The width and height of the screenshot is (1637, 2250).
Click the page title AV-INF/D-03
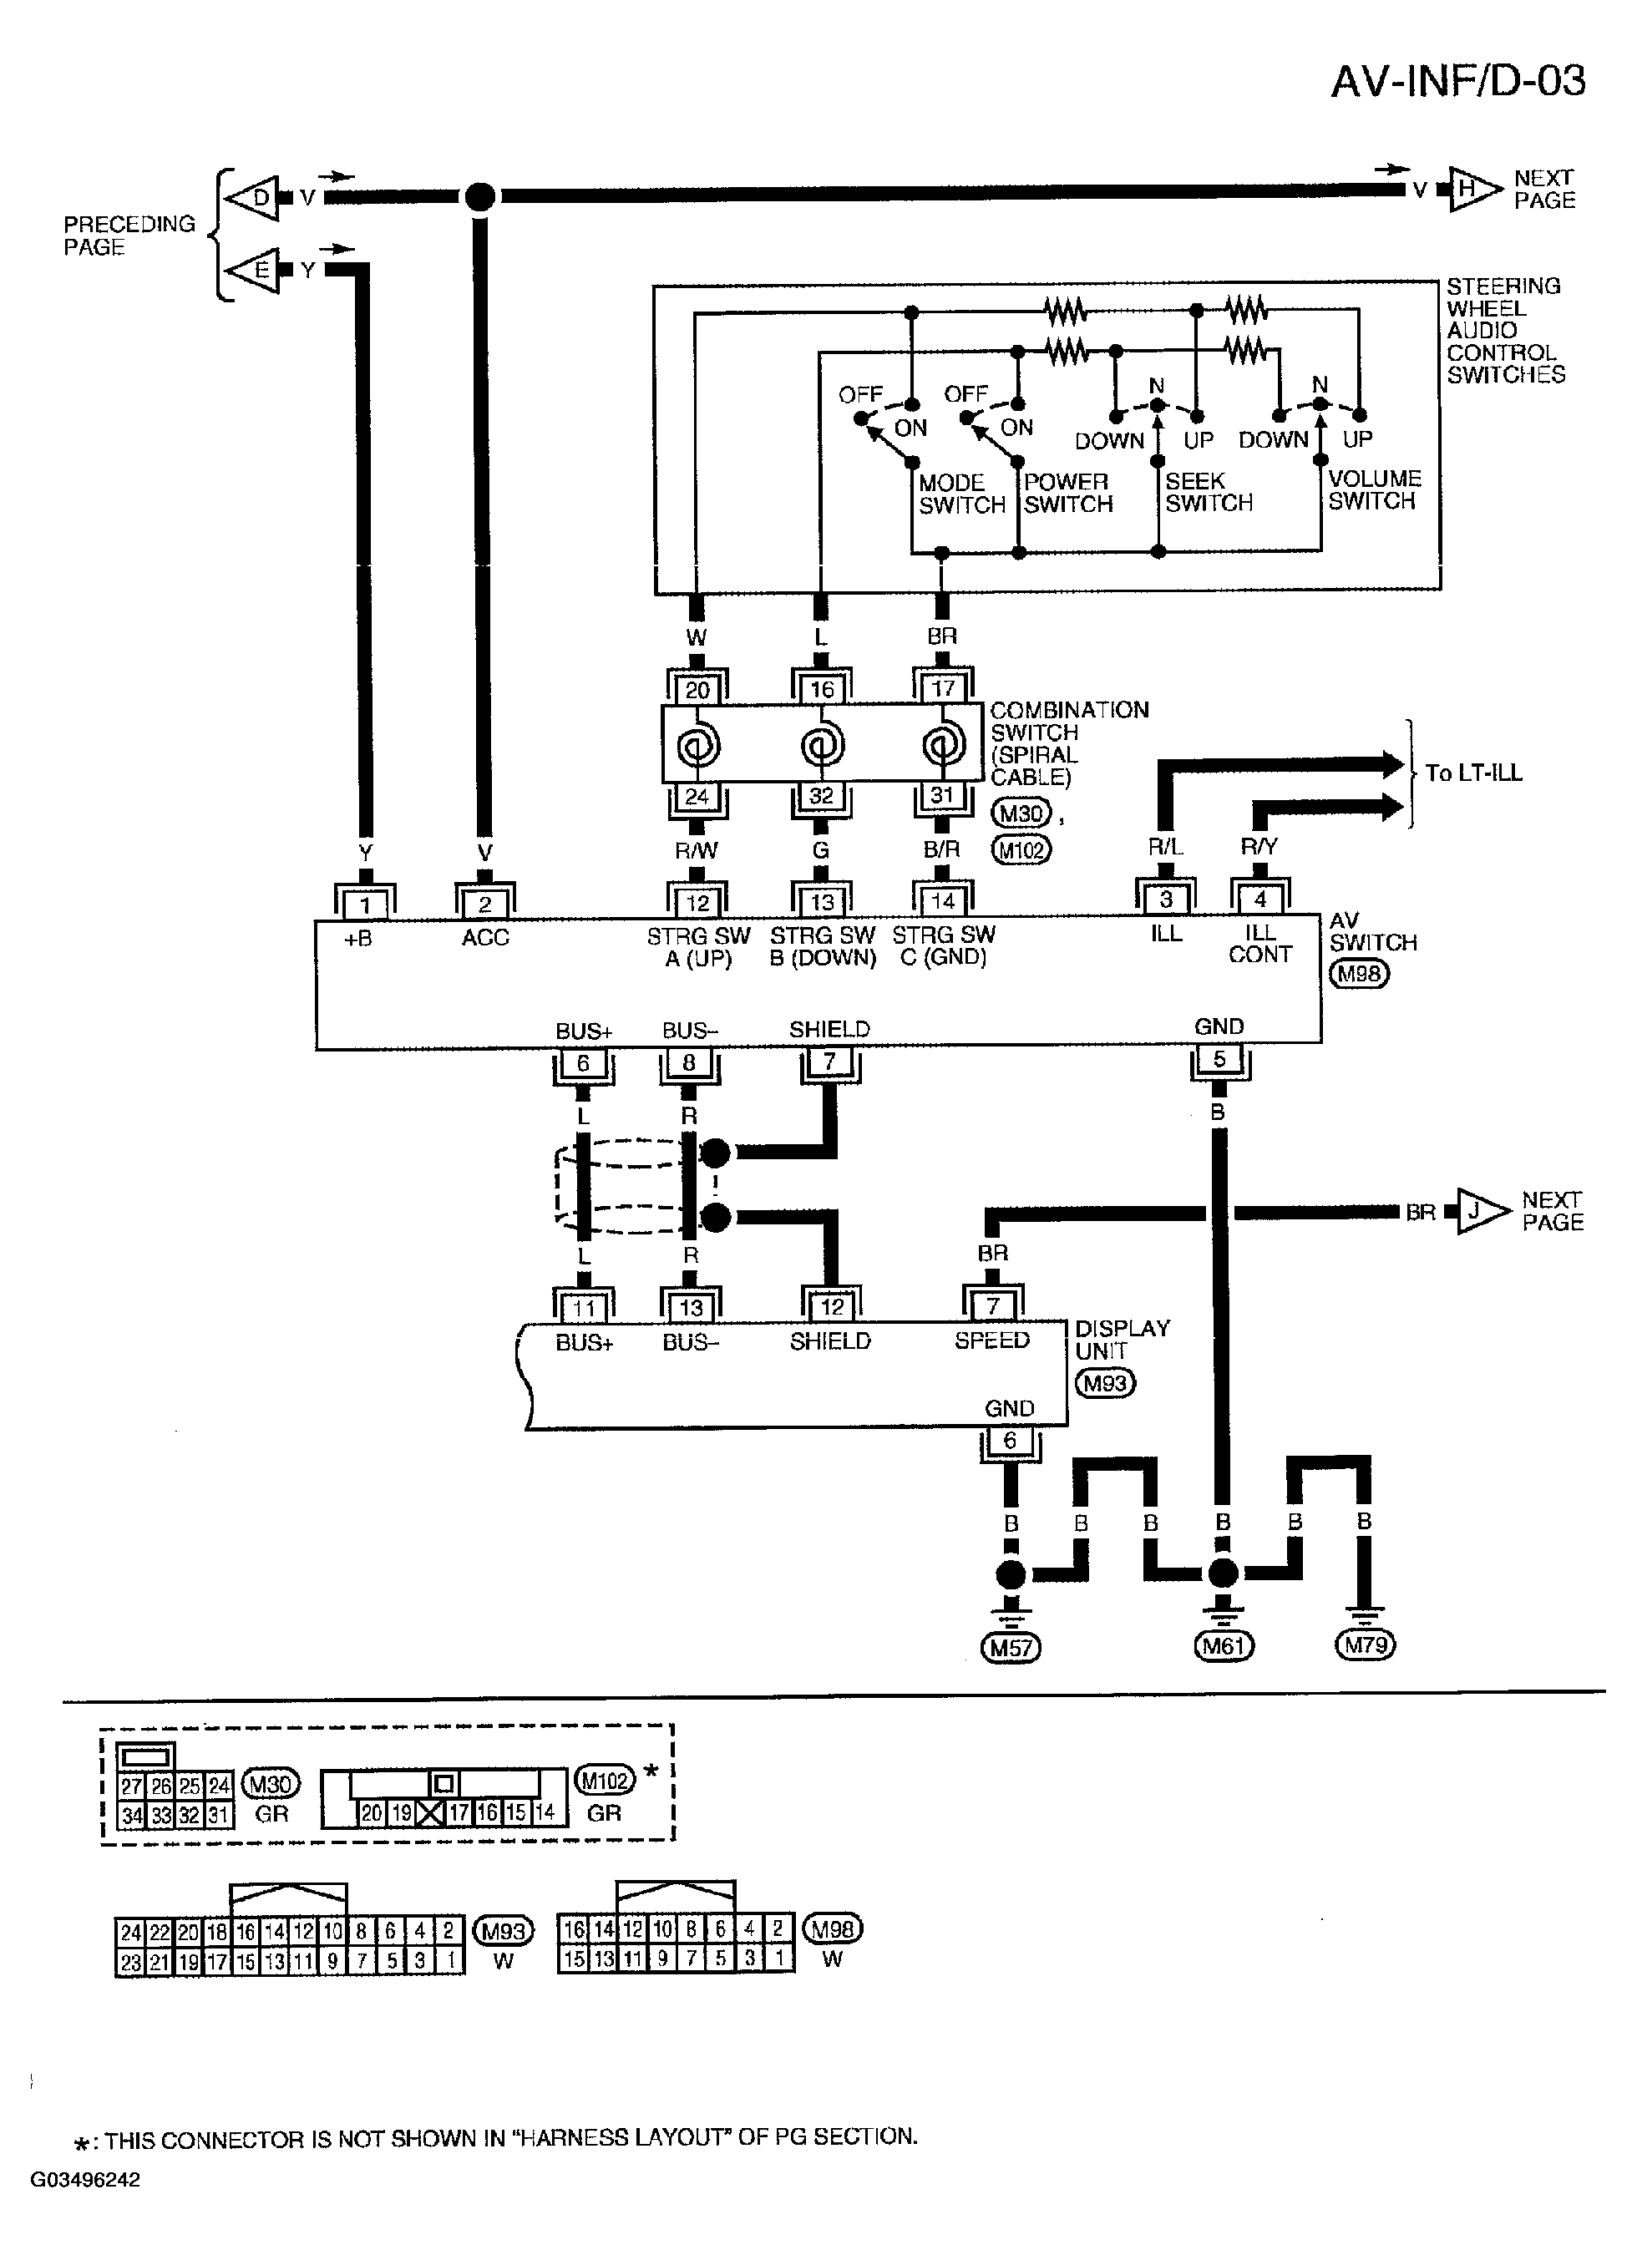click(x=1457, y=80)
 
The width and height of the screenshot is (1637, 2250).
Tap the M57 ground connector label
click(x=1010, y=1648)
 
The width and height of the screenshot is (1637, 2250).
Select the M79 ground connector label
click(x=1366, y=1646)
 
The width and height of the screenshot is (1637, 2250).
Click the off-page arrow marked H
click(x=1475, y=189)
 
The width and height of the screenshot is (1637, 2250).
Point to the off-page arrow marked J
click(x=1483, y=1211)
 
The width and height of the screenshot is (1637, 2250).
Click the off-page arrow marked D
click(x=251, y=197)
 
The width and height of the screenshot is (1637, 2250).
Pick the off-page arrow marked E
click(x=251, y=270)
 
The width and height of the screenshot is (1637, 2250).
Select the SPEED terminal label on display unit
click(x=992, y=1341)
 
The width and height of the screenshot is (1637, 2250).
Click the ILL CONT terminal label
click(x=1260, y=944)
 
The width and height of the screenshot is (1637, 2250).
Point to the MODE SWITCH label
click(x=961, y=494)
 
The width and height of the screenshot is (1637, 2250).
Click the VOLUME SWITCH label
click(x=1375, y=490)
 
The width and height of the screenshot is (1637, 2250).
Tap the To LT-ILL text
click(x=1473, y=773)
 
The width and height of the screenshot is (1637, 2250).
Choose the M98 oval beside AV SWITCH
click(x=1359, y=974)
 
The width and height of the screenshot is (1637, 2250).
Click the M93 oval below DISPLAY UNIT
click(x=1105, y=1383)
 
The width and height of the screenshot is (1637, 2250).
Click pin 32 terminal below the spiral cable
click(x=822, y=796)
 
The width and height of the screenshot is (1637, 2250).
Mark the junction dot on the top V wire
click(x=480, y=196)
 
